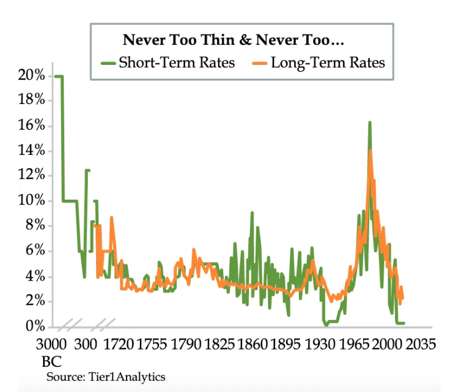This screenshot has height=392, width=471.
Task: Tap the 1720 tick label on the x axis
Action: coord(118,343)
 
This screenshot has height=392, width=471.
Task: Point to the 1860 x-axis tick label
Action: coord(253,343)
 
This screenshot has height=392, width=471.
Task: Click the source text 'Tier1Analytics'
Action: coord(126,376)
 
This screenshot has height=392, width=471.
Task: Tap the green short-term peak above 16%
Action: coord(370,123)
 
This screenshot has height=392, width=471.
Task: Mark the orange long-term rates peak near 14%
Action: coord(370,151)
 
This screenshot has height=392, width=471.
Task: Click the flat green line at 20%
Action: coord(58,76)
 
